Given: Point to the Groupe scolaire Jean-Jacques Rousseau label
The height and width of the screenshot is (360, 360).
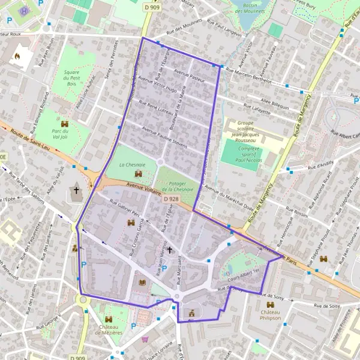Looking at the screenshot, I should coord(245,129).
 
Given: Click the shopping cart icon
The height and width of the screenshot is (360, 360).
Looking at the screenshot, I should coord(145,339).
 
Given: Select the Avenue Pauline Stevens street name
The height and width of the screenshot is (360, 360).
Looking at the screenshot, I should coord(165,137).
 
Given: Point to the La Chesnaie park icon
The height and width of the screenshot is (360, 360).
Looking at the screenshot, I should coord(138,173).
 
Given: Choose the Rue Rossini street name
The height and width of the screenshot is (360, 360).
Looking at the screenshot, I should coord(296,214).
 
